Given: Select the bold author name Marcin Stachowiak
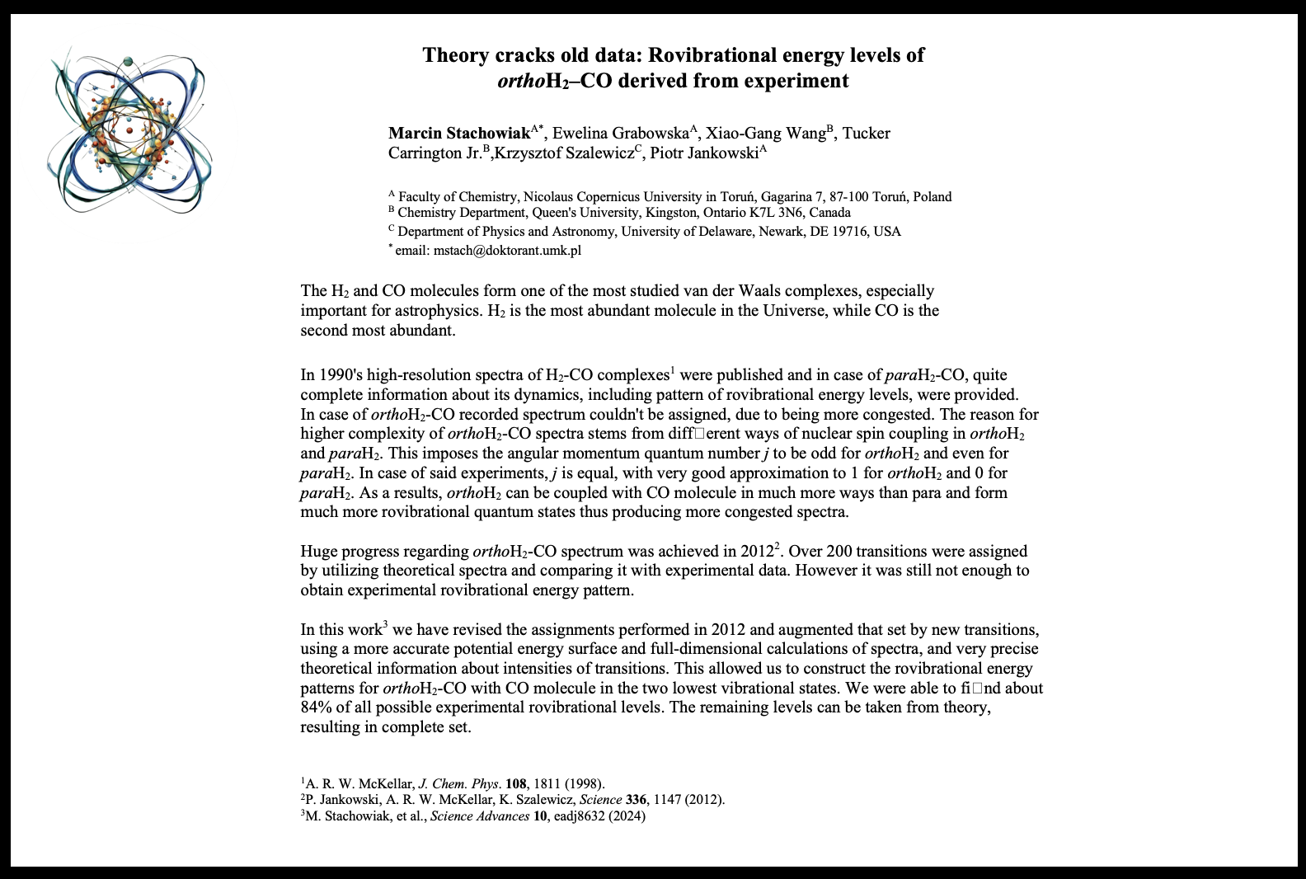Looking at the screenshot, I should [459, 134].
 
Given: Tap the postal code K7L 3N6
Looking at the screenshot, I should [821, 213].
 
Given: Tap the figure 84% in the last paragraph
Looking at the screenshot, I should [315, 707].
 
